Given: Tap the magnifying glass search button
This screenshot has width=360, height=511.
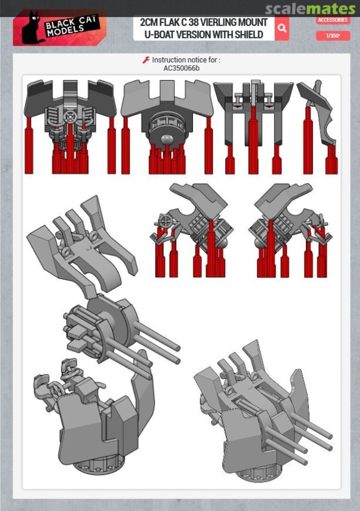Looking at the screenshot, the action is [x=282, y=28].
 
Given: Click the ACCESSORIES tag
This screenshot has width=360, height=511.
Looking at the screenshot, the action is [x=333, y=20].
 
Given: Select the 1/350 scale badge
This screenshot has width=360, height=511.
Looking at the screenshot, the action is [x=333, y=35].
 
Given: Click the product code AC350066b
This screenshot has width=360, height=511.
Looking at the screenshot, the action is [x=182, y=69].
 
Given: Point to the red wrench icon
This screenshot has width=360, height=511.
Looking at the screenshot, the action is [x=146, y=60].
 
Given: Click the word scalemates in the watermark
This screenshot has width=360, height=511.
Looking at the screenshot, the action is [x=310, y=9].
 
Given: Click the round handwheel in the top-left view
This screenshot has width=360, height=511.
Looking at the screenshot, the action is [x=70, y=117].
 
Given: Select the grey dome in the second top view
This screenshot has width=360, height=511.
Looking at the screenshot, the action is [x=167, y=139].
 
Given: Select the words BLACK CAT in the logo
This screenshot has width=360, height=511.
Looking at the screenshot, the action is [x=70, y=24].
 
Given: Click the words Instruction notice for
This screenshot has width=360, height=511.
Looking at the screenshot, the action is [x=186, y=60].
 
